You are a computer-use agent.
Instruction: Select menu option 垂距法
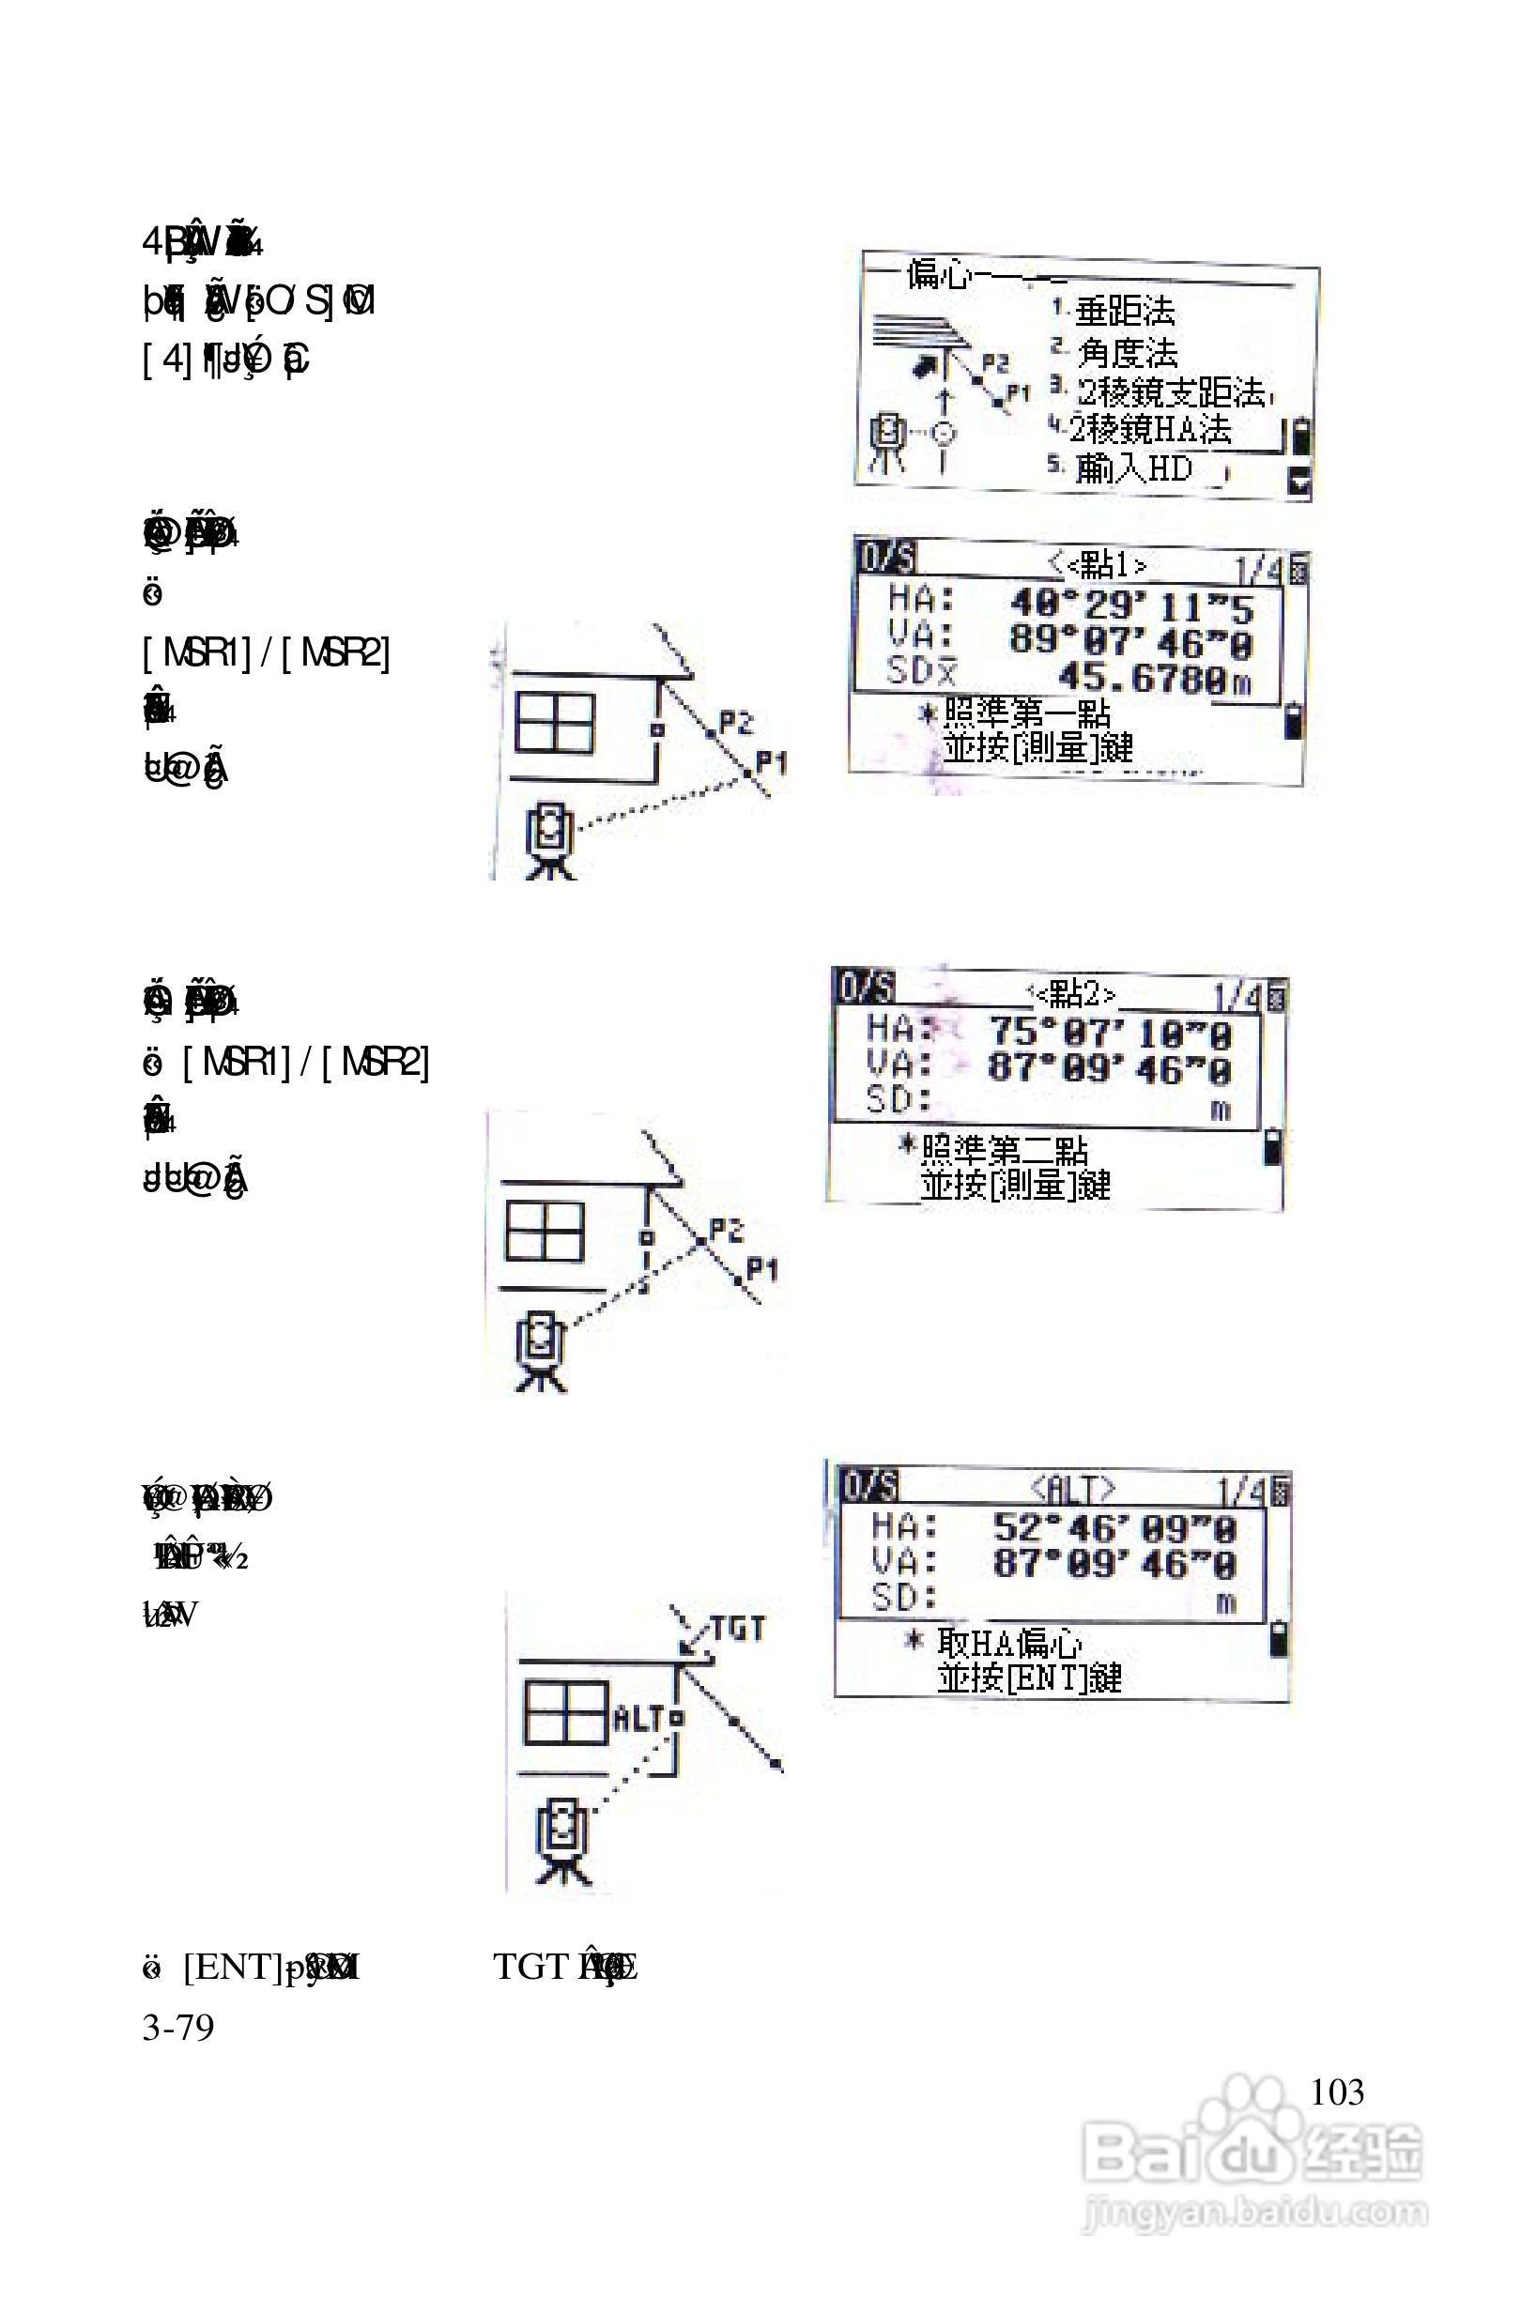coord(1125,312)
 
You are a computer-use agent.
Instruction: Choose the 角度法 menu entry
coord(1128,352)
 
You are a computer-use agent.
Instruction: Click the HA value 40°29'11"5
coord(1131,606)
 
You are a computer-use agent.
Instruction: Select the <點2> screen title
coord(1073,994)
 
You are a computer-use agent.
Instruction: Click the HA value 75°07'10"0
coord(1110,1034)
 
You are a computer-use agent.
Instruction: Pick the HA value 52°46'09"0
coord(1114,1529)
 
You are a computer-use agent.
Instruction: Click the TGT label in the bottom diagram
coord(738,1629)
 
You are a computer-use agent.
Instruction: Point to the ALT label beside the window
coord(639,1719)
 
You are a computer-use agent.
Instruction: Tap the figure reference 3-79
coord(178,2027)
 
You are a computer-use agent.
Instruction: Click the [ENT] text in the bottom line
coord(231,1967)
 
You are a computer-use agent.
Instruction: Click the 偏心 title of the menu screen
coord(937,276)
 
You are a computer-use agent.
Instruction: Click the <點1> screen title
coord(1098,563)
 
